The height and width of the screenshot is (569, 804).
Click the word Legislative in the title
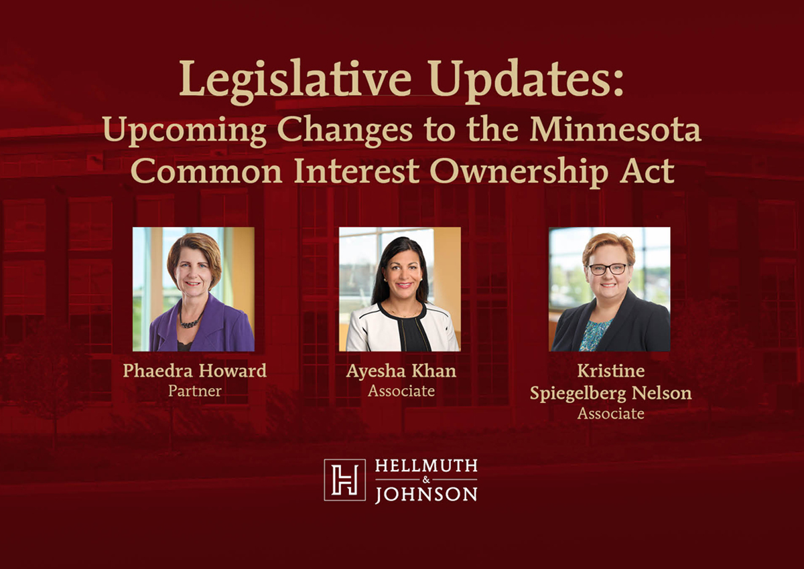(295, 82)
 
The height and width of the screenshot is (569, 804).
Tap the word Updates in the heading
(525, 82)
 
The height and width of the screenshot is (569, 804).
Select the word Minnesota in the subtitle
(616, 129)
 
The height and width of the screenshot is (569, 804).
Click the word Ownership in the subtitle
(519, 171)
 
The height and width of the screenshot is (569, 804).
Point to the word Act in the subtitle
(648, 171)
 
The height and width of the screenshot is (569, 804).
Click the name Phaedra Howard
(194, 370)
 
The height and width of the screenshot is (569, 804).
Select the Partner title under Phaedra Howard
(194, 391)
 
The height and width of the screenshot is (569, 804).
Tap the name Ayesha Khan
(401, 371)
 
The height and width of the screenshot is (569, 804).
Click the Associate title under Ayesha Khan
(401, 391)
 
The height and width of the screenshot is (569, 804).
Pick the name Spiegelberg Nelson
(610, 394)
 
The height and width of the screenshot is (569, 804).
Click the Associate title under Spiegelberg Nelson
(610, 414)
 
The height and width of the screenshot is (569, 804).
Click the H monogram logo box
(344, 480)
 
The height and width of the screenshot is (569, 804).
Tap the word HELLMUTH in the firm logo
(426, 466)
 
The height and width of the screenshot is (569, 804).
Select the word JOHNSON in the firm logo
(426, 495)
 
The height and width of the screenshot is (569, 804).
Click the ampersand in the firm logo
(426, 480)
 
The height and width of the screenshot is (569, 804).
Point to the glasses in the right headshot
(608, 269)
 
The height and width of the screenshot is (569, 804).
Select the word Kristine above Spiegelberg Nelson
(610, 371)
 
